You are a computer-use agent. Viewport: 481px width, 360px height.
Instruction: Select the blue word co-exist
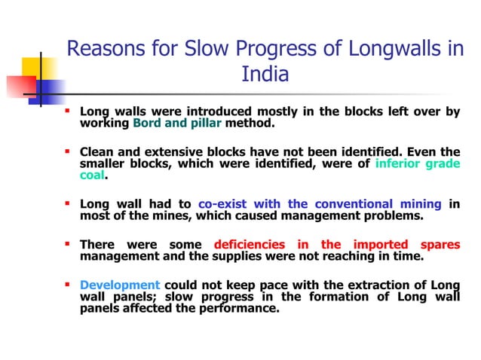[x=224, y=204]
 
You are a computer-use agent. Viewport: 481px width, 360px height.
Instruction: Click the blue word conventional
[x=353, y=204]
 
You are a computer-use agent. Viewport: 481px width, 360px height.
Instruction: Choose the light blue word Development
[x=120, y=285]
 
